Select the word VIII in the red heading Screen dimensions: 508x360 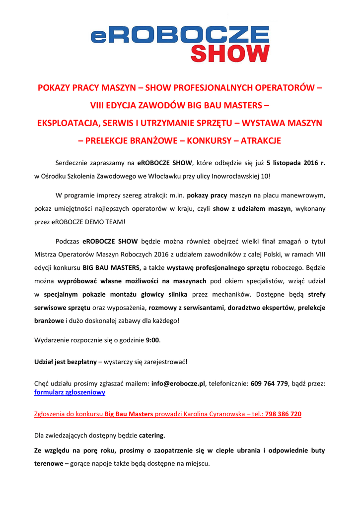click(x=98, y=106)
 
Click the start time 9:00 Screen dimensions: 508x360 click(x=152, y=340)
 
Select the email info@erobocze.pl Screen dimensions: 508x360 click(x=178, y=383)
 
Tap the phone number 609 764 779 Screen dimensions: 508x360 click(x=269, y=383)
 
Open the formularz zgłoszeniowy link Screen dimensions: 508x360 click(x=70, y=392)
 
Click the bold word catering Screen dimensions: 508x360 click(x=151, y=436)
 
